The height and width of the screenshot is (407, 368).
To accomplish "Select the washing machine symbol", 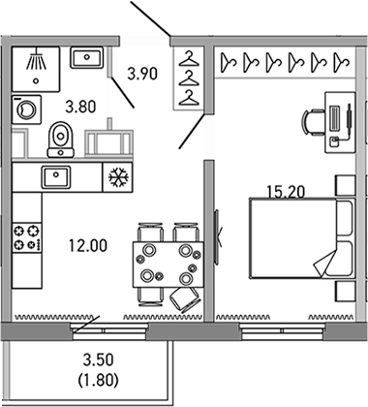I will pyautogui.click(x=25, y=110).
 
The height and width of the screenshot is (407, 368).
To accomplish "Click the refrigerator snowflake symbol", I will pyautogui.click(x=119, y=179).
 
